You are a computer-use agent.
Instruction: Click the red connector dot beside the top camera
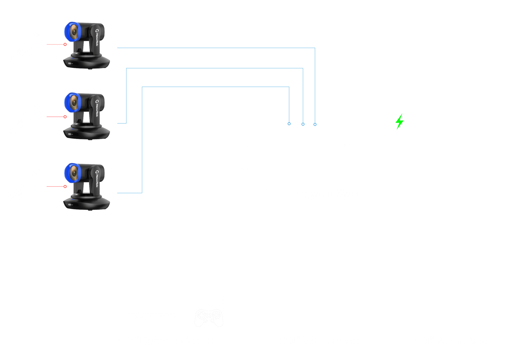coord(65,44)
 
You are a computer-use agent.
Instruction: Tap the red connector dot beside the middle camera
coord(65,116)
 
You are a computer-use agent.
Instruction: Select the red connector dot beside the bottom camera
coord(65,187)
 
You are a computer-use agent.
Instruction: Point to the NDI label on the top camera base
coord(70,63)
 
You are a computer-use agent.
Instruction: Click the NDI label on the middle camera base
coord(70,134)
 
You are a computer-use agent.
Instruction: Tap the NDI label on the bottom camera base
coord(70,204)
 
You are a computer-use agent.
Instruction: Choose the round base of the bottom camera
coord(86,203)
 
